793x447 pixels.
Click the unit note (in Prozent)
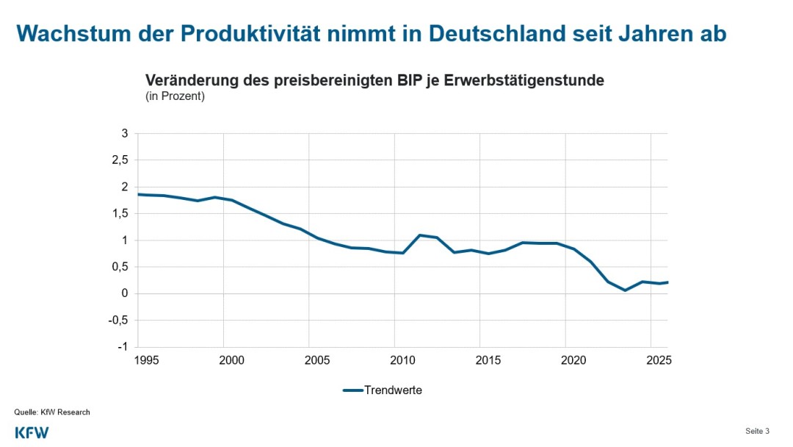(x=175, y=96)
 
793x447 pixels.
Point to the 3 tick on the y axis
(x=125, y=133)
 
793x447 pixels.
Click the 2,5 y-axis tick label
(x=120, y=160)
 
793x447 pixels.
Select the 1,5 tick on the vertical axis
(x=120, y=213)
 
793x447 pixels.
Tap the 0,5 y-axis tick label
(x=120, y=267)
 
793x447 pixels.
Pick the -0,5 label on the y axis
(x=118, y=321)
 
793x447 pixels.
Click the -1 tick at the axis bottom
(x=123, y=347)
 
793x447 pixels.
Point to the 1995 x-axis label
(x=146, y=360)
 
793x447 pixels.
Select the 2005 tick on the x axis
(x=317, y=360)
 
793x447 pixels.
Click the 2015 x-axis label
(x=488, y=360)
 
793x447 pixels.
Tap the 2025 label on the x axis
(x=659, y=360)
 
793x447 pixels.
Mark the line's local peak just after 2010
(x=419, y=235)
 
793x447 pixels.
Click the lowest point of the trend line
(x=625, y=290)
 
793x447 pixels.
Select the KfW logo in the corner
(x=32, y=432)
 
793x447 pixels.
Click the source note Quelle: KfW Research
(x=52, y=412)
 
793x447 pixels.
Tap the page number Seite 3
(x=757, y=431)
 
